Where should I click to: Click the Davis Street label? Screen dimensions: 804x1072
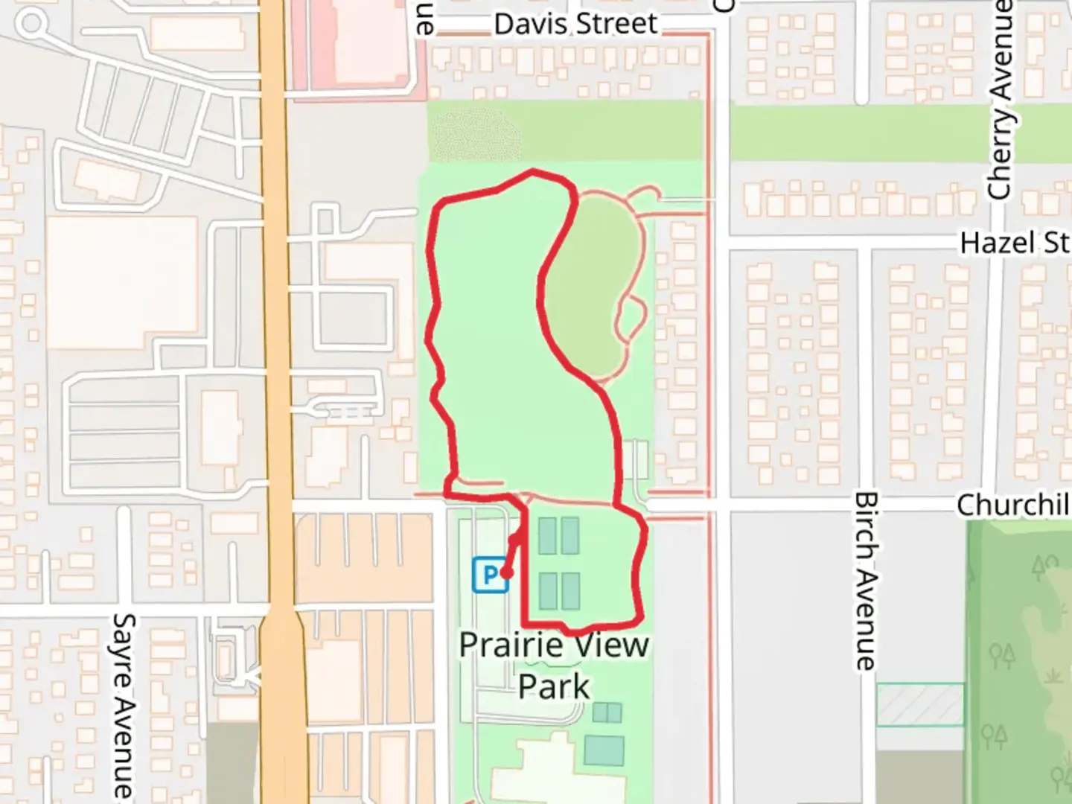coord(575,24)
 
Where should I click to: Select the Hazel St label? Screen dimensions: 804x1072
coord(1014,243)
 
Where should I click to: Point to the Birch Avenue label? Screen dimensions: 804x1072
coord(865,581)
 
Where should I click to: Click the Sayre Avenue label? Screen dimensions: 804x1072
coord(124,703)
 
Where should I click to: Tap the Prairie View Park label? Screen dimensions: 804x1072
coord(554,665)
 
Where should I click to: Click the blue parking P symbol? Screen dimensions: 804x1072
coord(489,575)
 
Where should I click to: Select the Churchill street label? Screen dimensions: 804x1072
coord(1012,505)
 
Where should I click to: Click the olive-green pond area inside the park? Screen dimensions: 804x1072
coord(592,283)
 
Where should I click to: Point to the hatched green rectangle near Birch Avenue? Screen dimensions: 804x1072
coord(920,704)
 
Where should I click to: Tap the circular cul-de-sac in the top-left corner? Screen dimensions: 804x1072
coord(31,23)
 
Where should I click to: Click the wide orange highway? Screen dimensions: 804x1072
coord(279,372)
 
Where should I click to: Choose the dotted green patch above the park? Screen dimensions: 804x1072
coord(476,135)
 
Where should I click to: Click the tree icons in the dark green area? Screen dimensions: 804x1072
coord(1002,655)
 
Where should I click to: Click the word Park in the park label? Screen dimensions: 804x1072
coord(554,686)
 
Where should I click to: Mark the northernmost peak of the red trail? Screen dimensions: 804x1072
coord(532,172)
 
